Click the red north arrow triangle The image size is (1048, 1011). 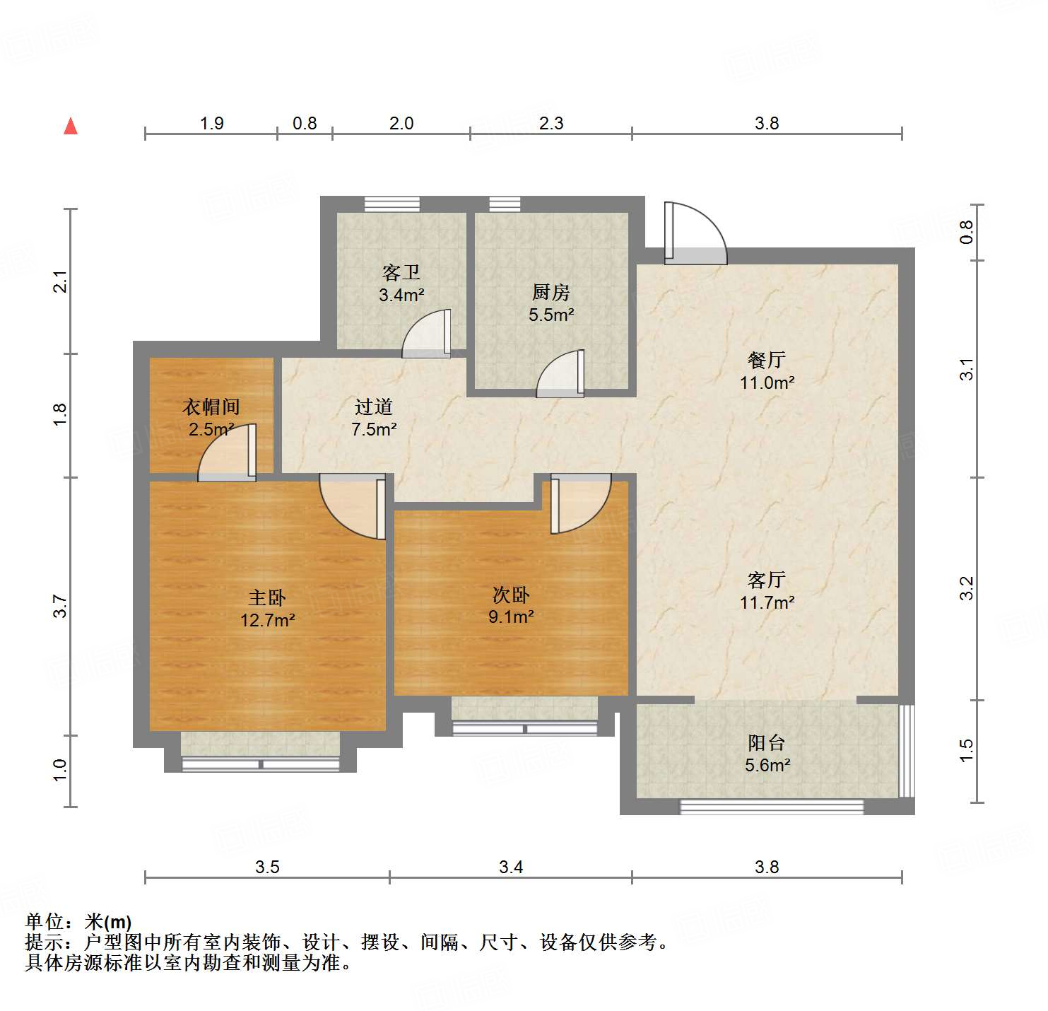coord(71,127)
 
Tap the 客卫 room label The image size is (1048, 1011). coord(401,273)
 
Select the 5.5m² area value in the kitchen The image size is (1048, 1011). coord(551,315)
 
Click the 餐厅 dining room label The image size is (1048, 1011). coord(767,360)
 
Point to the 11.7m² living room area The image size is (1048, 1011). coord(767,602)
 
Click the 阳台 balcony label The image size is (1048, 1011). coord(767,742)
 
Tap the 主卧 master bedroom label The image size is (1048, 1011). coord(267,598)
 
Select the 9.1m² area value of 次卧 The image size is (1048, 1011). coord(511,616)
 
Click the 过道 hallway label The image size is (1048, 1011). coord(374,407)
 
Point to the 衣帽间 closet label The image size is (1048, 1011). coord(211,407)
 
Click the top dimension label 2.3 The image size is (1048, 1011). coord(551,123)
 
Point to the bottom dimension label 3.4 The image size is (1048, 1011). coord(511,867)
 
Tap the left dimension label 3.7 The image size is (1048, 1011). coord(60,607)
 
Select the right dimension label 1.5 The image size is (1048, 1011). coord(966,750)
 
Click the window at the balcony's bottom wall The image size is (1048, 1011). coord(772,807)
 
